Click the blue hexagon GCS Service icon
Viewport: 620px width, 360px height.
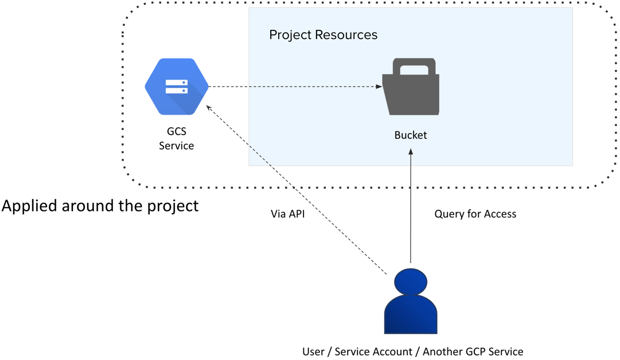176,87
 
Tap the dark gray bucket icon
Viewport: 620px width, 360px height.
411,91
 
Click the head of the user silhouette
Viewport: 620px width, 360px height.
411,281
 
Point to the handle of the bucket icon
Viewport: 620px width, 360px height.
411,66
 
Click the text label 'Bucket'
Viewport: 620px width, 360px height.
411,135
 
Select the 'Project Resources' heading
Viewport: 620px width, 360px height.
323,35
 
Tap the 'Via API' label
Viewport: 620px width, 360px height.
287,214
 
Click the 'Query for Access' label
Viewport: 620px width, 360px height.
475,214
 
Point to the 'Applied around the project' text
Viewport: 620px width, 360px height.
100,205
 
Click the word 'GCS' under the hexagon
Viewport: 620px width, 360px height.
176,131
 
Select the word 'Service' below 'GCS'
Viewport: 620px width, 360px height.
176,146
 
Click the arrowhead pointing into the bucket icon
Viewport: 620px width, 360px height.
379,87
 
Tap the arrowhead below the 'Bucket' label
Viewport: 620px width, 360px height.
411,151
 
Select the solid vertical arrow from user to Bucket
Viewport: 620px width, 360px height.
411,206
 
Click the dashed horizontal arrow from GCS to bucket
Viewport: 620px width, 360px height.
293,87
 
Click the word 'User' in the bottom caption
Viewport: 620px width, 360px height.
313,351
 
